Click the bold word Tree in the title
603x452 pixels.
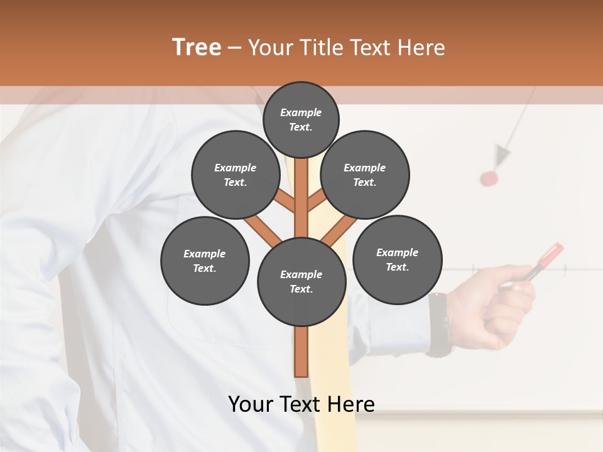point(197,47)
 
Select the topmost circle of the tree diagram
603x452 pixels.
point(301,119)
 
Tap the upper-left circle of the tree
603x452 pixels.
point(236,175)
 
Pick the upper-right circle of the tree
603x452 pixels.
point(365,175)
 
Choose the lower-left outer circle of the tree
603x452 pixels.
point(205,261)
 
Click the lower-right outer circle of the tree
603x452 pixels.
point(398,260)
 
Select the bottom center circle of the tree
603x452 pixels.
point(301,282)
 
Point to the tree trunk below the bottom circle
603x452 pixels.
point(301,352)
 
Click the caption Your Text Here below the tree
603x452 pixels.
point(301,404)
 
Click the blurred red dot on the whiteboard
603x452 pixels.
point(489,179)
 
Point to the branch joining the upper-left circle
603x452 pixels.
point(285,200)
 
